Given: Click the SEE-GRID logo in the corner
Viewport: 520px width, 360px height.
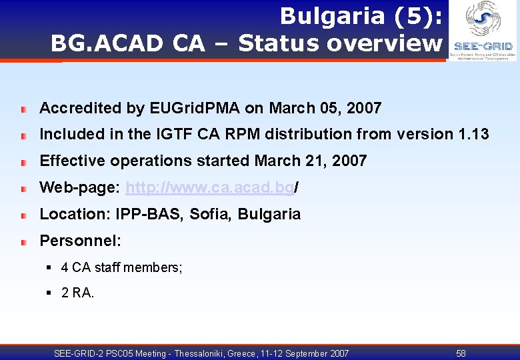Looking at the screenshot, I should [483, 31].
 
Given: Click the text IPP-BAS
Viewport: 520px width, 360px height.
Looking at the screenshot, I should [141, 215].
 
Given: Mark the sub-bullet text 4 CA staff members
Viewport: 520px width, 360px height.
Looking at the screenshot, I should [121, 268].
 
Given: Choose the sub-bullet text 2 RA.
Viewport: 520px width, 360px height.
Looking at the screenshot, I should [77, 293].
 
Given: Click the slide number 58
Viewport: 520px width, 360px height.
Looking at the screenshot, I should [461, 353].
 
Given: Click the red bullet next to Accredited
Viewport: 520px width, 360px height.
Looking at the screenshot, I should [23, 109].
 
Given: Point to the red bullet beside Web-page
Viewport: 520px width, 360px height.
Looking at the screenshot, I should [23, 189].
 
